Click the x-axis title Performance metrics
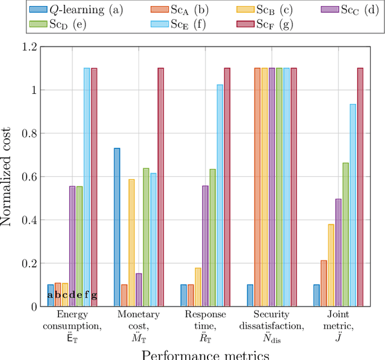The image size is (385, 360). [x=205, y=355]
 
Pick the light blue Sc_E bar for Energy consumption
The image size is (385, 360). [x=87, y=187]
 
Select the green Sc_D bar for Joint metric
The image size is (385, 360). [x=345, y=234]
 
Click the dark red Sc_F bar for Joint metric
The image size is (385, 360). [x=360, y=187]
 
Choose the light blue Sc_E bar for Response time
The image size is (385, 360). [x=220, y=195]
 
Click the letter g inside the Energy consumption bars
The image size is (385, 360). [x=94, y=295]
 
